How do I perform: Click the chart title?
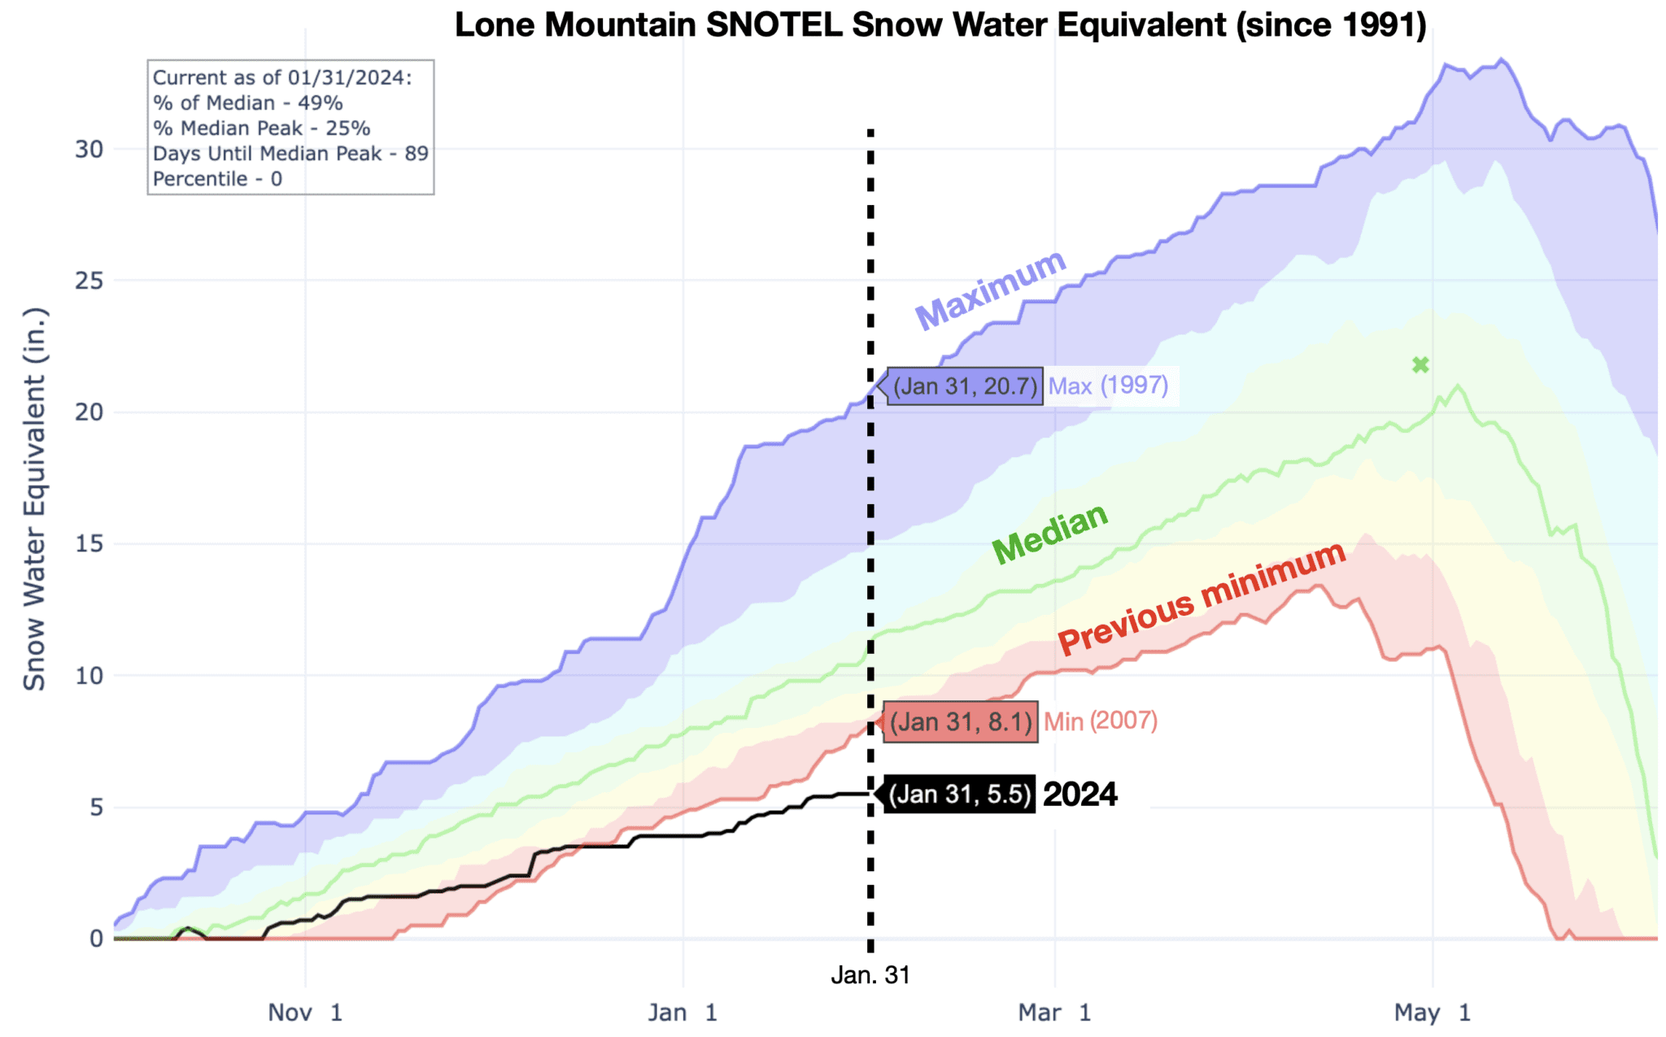click(940, 24)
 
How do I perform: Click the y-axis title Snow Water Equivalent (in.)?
click(34, 499)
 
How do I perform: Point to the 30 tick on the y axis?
click(89, 149)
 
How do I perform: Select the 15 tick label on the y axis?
click(89, 544)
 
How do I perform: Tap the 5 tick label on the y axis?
click(96, 808)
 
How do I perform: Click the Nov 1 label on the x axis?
click(305, 1013)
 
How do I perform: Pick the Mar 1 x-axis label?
click(1054, 1013)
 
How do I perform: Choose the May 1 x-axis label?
click(1432, 1013)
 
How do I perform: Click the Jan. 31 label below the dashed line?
click(870, 975)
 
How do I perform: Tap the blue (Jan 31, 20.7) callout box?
click(965, 386)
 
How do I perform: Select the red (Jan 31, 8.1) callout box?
click(961, 721)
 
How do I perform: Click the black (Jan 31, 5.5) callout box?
click(960, 794)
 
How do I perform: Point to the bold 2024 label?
click(1080, 795)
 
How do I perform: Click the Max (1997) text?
click(1108, 386)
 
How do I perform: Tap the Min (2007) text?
click(1101, 721)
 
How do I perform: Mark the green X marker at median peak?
click(1420, 365)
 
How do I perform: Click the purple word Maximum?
click(990, 290)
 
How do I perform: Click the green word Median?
click(1050, 533)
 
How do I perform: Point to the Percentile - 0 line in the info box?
click(217, 179)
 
